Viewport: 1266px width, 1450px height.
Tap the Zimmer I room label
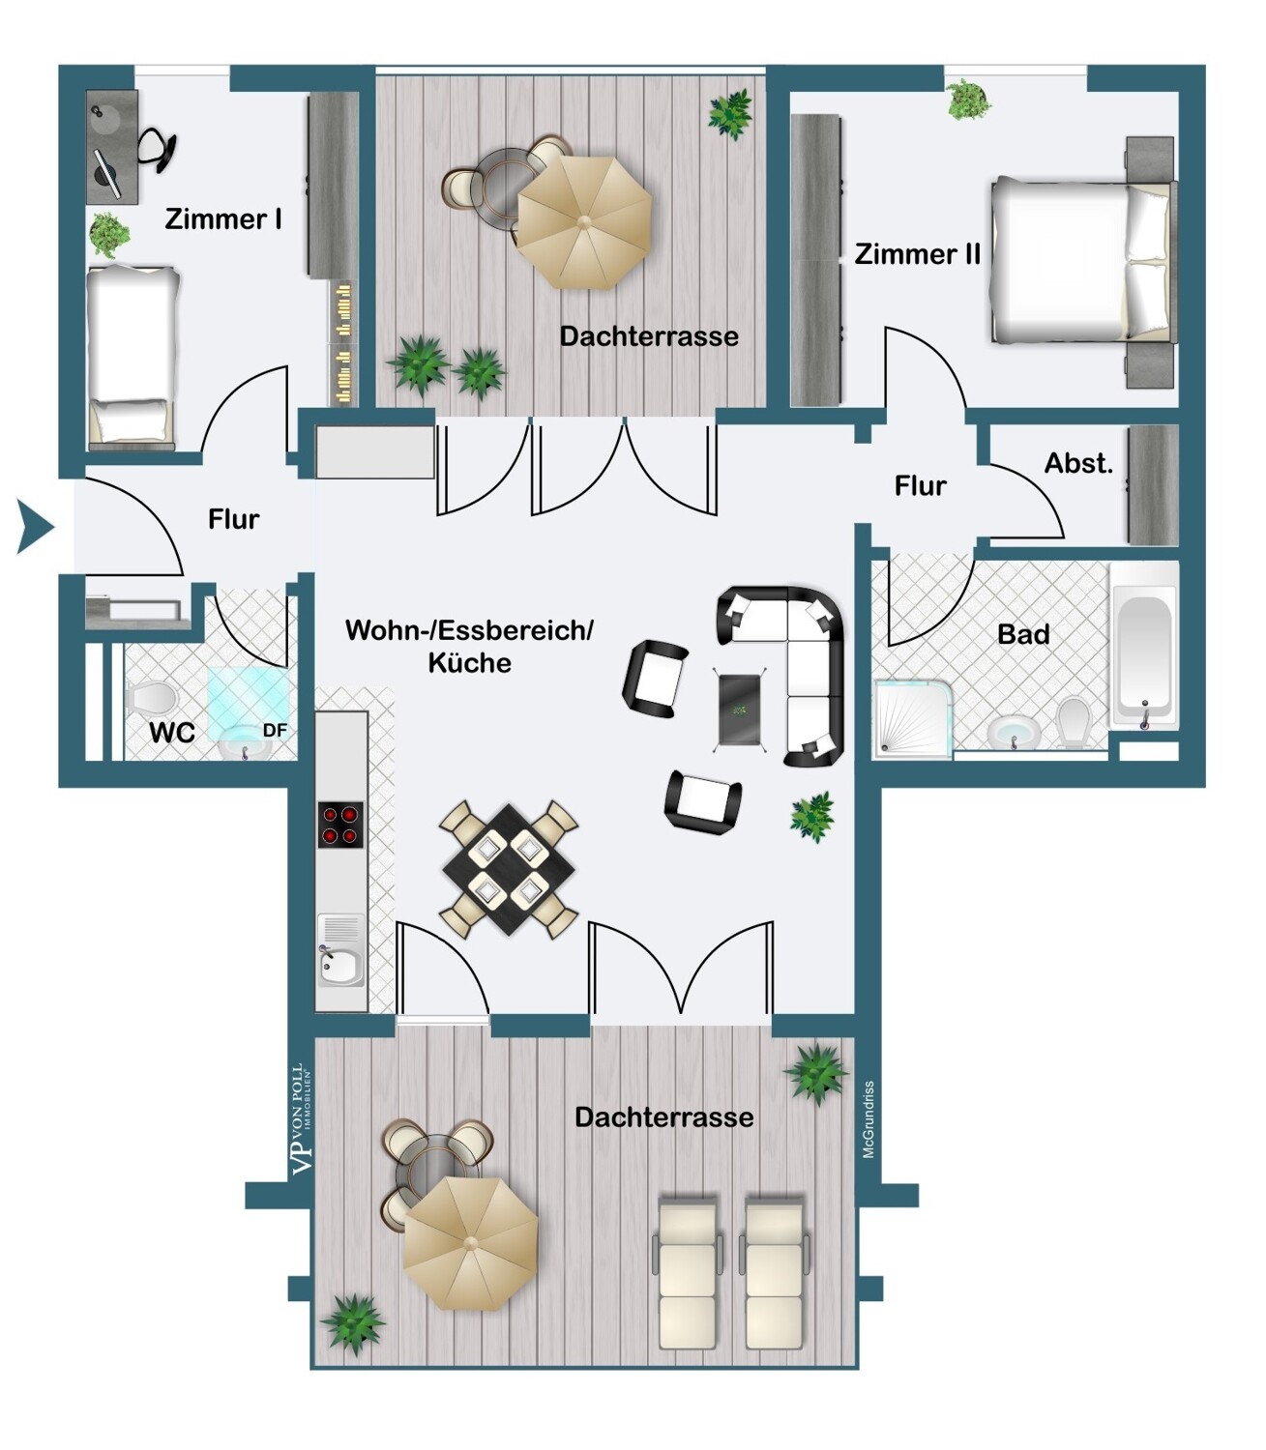tap(223, 219)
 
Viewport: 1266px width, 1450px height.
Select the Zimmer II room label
tap(917, 253)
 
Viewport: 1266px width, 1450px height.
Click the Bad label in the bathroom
tap(1023, 633)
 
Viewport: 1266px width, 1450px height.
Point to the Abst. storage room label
tap(1078, 463)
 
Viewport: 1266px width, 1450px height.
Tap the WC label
tap(171, 732)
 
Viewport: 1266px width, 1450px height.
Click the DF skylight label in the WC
tap(275, 730)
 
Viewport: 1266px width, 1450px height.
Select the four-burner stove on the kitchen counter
tap(340, 825)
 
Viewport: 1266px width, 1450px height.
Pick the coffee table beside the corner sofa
tap(741, 709)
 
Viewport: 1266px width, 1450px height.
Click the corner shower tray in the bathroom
tap(913, 715)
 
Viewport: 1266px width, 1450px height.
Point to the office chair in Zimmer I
tap(157, 149)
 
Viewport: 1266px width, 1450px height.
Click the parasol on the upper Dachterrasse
tap(584, 221)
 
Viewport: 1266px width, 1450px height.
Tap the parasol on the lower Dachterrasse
tap(470, 1242)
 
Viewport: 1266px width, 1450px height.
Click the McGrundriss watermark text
tap(869, 1119)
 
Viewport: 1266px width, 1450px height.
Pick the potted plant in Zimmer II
tap(967, 100)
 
